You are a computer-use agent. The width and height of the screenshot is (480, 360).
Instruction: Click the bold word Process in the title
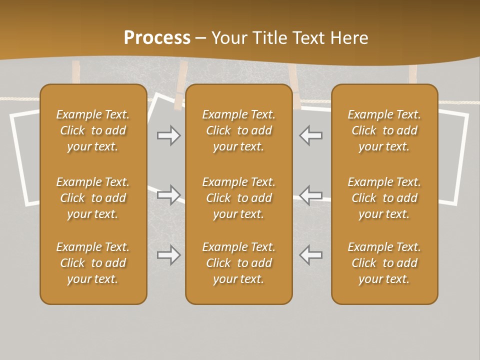pyautogui.click(x=157, y=38)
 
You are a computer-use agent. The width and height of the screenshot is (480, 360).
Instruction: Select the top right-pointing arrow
pyautogui.click(x=168, y=135)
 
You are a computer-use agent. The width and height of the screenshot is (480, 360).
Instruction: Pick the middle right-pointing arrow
pyautogui.click(x=168, y=194)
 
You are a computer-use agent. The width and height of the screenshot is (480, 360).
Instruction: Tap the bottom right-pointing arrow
pyautogui.click(x=168, y=255)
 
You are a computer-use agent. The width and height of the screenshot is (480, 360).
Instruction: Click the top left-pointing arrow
pyautogui.click(x=310, y=135)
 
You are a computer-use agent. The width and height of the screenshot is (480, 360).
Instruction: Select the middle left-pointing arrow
pyautogui.click(x=310, y=194)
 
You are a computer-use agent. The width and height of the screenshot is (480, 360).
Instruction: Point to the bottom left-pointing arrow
pyautogui.click(x=310, y=255)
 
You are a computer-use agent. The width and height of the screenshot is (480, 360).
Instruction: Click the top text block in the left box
pyautogui.click(x=93, y=130)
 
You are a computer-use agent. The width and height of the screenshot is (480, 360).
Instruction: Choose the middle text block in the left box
pyautogui.click(x=93, y=198)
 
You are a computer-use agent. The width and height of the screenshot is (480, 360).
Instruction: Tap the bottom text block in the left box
pyautogui.click(x=93, y=263)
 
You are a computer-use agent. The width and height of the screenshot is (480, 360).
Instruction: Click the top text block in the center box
pyautogui.click(x=238, y=130)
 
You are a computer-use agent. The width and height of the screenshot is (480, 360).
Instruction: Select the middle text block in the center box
pyautogui.click(x=238, y=198)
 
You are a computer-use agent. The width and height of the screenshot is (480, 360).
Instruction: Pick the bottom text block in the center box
pyautogui.click(x=238, y=263)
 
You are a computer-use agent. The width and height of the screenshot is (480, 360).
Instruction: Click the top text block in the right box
pyautogui.click(x=384, y=130)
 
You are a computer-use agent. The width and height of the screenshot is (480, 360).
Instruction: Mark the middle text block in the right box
pyautogui.click(x=384, y=198)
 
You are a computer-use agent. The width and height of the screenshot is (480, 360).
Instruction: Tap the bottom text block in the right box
pyautogui.click(x=384, y=263)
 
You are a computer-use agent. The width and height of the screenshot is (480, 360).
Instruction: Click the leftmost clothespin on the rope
pyautogui.click(x=76, y=73)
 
